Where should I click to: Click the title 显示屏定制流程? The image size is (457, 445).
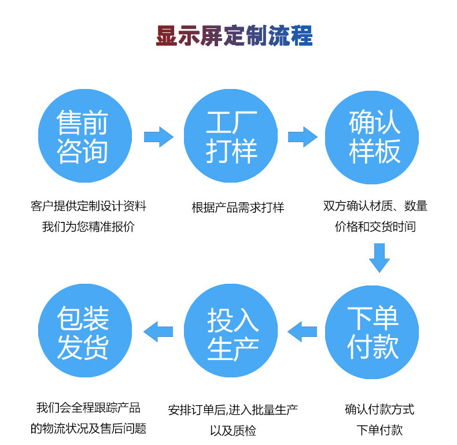click(x=234, y=36)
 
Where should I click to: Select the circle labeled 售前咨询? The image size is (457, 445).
click(x=83, y=136)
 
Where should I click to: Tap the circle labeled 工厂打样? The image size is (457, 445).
click(x=230, y=136)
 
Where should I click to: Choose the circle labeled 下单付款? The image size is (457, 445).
click(x=373, y=332)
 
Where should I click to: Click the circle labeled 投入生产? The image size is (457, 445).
click(x=230, y=332)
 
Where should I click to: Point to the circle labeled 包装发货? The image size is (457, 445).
click(x=83, y=332)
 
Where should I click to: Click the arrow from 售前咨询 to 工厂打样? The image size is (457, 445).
click(x=158, y=136)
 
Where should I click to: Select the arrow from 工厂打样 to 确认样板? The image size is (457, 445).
click(x=303, y=136)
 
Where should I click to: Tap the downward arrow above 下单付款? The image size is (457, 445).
click(x=379, y=257)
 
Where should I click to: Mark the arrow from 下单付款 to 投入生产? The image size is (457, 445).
click(x=302, y=332)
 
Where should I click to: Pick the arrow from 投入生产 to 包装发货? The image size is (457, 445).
click(x=158, y=332)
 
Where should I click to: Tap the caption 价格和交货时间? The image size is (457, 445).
click(x=375, y=227)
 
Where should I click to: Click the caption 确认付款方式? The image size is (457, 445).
click(x=379, y=410)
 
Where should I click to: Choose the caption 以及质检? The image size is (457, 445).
click(x=233, y=431)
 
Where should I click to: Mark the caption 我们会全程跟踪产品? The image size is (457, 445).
click(x=88, y=408)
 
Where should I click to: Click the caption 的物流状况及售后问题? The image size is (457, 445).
click(x=88, y=429)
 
